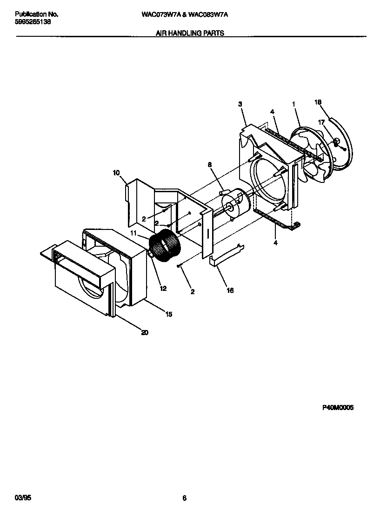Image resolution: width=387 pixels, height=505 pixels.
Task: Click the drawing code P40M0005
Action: pyautogui.click(x=338, y=407)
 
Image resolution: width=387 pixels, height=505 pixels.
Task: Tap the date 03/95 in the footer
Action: pyautogui.click(x=22, y=498)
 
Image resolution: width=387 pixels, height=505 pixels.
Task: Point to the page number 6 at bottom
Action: pyautogui.click(x=184, y=498)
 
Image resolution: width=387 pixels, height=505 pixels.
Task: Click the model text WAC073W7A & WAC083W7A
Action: pyautogui.click(x=184, y=14)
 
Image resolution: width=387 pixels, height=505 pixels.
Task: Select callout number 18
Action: pyautogui.click(x=318, y=102)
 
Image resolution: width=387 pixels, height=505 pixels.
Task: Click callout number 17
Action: pyautogui.click(x=320, y=122)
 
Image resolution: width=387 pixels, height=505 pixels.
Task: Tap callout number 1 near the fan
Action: pyautogui.click(x=294, y=105)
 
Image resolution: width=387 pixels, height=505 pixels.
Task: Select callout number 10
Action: pyautogui.click(x=116, y=173)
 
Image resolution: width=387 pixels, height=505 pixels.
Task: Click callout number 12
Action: pyautogui.click(x=163, y=289)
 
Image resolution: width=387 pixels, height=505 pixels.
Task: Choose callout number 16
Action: pyautogui.click(x=230, y=291)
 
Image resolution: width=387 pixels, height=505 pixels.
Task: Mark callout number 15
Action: pyautogui.click(x=168, y=315)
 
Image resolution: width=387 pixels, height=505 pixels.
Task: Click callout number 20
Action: pyautogui.click(x=145, y=333)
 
